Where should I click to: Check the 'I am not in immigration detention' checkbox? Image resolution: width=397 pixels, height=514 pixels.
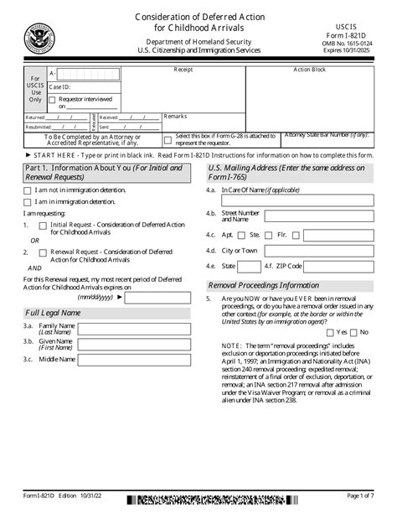pyautogui.click(x=28, y=190)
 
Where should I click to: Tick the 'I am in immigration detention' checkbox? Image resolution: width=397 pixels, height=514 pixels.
pyautogui.click(x=28, y=202)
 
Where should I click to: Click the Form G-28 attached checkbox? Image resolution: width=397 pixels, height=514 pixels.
pyautogui.click(x=168, y=141)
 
